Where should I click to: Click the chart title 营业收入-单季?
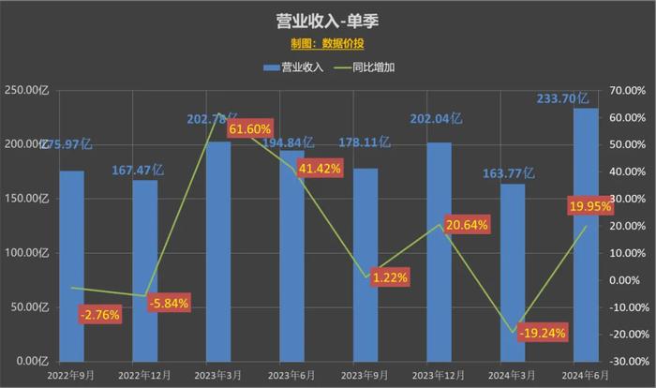point(328,21)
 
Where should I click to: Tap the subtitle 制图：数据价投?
point(328,43)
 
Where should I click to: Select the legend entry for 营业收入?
point(293,67)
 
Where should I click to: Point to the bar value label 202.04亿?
point(438,119)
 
